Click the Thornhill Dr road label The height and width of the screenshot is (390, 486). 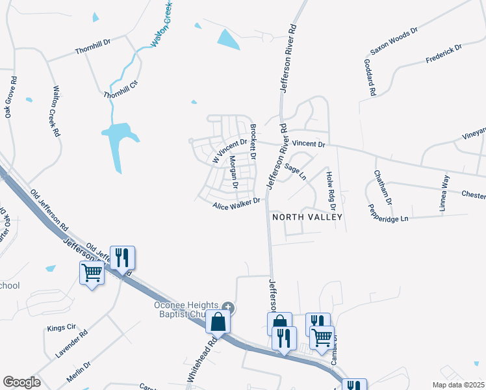pos(94,49)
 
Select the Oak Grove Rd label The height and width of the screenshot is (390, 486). pos(11,97)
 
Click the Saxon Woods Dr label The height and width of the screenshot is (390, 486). pos(394,40)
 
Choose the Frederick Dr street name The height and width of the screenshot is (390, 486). pos(443,54)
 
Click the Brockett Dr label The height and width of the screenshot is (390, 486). pos(253,142)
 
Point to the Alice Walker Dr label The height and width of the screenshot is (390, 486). pos(236,204)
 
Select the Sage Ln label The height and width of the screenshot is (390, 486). pos(295,172)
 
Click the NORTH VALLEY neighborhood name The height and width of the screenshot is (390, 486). pos(307,216)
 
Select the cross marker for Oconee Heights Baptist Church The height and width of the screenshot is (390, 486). pos(227,307)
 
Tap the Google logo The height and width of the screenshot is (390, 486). pos(21,382)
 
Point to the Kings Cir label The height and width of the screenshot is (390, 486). pos(62,328)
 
